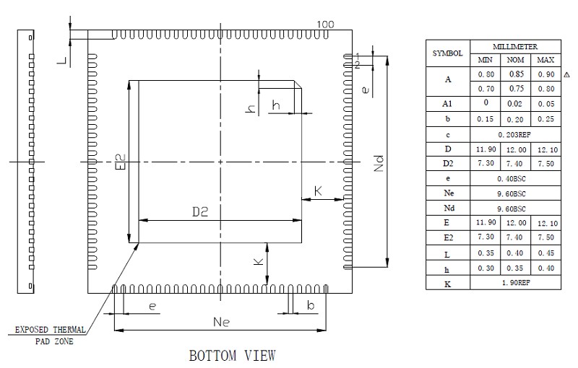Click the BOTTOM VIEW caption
[232, 355]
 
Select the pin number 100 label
[325, 25]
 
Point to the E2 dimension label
[121, 162]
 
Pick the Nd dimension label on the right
[379, 164]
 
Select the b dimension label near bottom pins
[310, 307]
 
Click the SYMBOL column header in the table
[448, 53]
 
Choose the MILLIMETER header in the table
[514, 46]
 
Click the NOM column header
[514, 60]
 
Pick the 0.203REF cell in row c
[514, 134]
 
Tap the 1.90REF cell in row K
[514, 284]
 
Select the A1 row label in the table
[448, 104]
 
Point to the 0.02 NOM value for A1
[514, 104]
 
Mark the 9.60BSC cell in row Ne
[514, 193]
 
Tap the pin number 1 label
[356, 56]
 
